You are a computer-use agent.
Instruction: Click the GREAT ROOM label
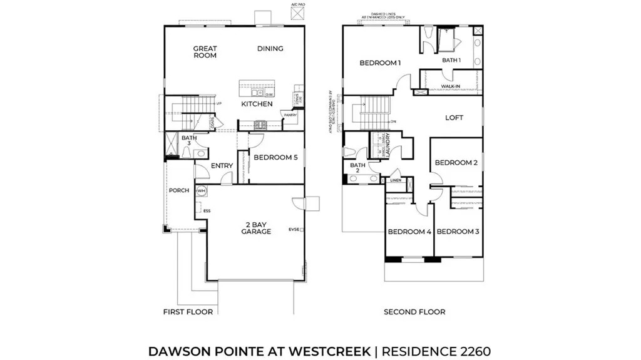pyautogui.click(x=205, y=51)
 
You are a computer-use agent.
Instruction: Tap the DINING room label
pyautogui.click(x=270, y=48)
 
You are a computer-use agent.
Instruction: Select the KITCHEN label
pyautogui.click(x=257, y=104)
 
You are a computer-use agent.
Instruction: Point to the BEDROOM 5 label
pyautogui.click(x=275, y=157)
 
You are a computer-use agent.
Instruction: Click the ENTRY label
pyautogui.click(x=222, y=166)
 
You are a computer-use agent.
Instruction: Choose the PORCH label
pyautogui.click(x=178, y=190)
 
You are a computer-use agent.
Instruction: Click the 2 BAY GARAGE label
pyautogui.click(x=257, y=228)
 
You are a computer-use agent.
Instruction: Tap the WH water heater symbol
pyautogui.click(x=202, y=190)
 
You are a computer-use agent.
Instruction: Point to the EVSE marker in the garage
pyautogui.click(x=295, y=229)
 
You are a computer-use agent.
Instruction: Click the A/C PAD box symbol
pyautogui.click(x=298, y=13)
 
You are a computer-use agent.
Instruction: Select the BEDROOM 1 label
pyautogui.click(x=379, y=63)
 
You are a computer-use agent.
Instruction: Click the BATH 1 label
pyautogui.click(x=451, y=60)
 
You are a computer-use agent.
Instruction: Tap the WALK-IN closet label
pyautogui.click(x=451, y=86)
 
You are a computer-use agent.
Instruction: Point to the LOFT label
pyautogui.click(x=454, y=118)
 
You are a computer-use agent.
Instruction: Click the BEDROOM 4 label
pyautogui.click(x=409, y=232)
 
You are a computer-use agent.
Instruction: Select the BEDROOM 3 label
pyautogui.click(x=458, y=232)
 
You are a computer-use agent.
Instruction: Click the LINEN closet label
pyautogui.click(x=396, y=181)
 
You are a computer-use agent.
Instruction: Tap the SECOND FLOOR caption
pyautogui.click(x=414, y=312)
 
